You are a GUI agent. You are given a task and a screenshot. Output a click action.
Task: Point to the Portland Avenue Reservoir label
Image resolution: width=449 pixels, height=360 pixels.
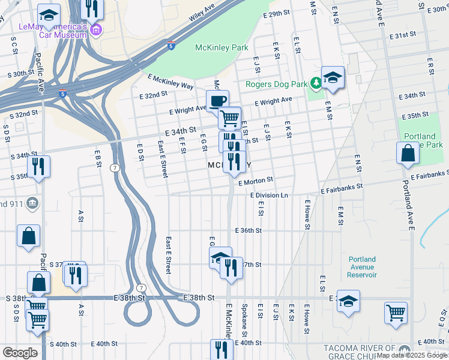click(x=363, y=267)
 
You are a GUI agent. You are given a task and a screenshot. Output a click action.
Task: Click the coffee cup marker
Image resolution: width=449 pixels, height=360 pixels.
click(x=217, y=101)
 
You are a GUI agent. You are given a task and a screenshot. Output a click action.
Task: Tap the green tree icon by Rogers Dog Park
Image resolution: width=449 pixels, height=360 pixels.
click(x=315, y=85)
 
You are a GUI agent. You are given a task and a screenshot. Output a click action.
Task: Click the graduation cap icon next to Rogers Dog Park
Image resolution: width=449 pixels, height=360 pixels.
click(x=332, y=77)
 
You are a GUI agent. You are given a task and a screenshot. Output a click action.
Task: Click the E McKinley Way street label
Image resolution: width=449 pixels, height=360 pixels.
click(x=170, y=82)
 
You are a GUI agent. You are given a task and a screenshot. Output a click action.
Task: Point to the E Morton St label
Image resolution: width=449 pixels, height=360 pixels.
click(x=256, y=180)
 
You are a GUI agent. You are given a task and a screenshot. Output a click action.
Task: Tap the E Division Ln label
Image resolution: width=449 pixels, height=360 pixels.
click(x=269, y=196)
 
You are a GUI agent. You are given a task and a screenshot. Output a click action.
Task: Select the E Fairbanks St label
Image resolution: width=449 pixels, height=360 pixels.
click(x=342, y=188)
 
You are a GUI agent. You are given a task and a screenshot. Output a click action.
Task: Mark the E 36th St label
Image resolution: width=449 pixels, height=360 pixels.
click(x=249, y=230)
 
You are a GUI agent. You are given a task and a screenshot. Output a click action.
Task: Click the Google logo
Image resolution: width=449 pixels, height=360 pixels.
click(x=19, y=353)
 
